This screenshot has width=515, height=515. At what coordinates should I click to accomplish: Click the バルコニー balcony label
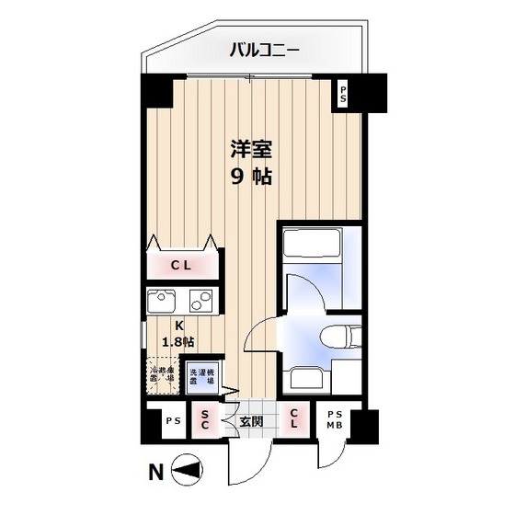263,50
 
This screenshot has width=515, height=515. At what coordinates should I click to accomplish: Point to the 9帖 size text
249,177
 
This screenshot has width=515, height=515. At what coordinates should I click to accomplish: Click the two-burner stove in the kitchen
201,302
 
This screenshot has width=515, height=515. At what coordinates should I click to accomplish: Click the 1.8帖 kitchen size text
177,341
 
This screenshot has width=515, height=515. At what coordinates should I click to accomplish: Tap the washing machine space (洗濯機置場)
202,377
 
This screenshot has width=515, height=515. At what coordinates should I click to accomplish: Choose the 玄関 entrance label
251,422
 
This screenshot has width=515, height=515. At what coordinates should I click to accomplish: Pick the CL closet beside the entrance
293,421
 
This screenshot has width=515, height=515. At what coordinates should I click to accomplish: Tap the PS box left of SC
171,422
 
